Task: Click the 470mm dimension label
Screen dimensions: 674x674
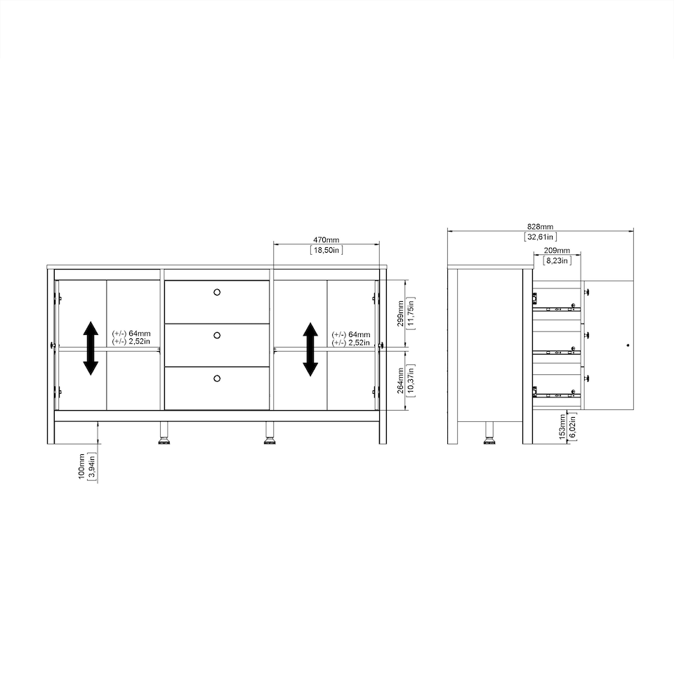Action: pos(326,240)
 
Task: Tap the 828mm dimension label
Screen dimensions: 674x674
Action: pos(540,227)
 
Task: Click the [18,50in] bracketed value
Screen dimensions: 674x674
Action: pos(326,250)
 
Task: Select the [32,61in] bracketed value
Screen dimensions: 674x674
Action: pos(540,237)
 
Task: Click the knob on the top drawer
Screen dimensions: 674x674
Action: pos(216,291)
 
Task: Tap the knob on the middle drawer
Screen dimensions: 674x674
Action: pos(216,335)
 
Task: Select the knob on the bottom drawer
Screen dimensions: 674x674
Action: pos(216,378)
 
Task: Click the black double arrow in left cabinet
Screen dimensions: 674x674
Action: pos(91,348)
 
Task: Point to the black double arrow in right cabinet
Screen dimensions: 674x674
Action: pos(310,348)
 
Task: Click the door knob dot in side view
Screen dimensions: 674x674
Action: pos(627,345)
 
